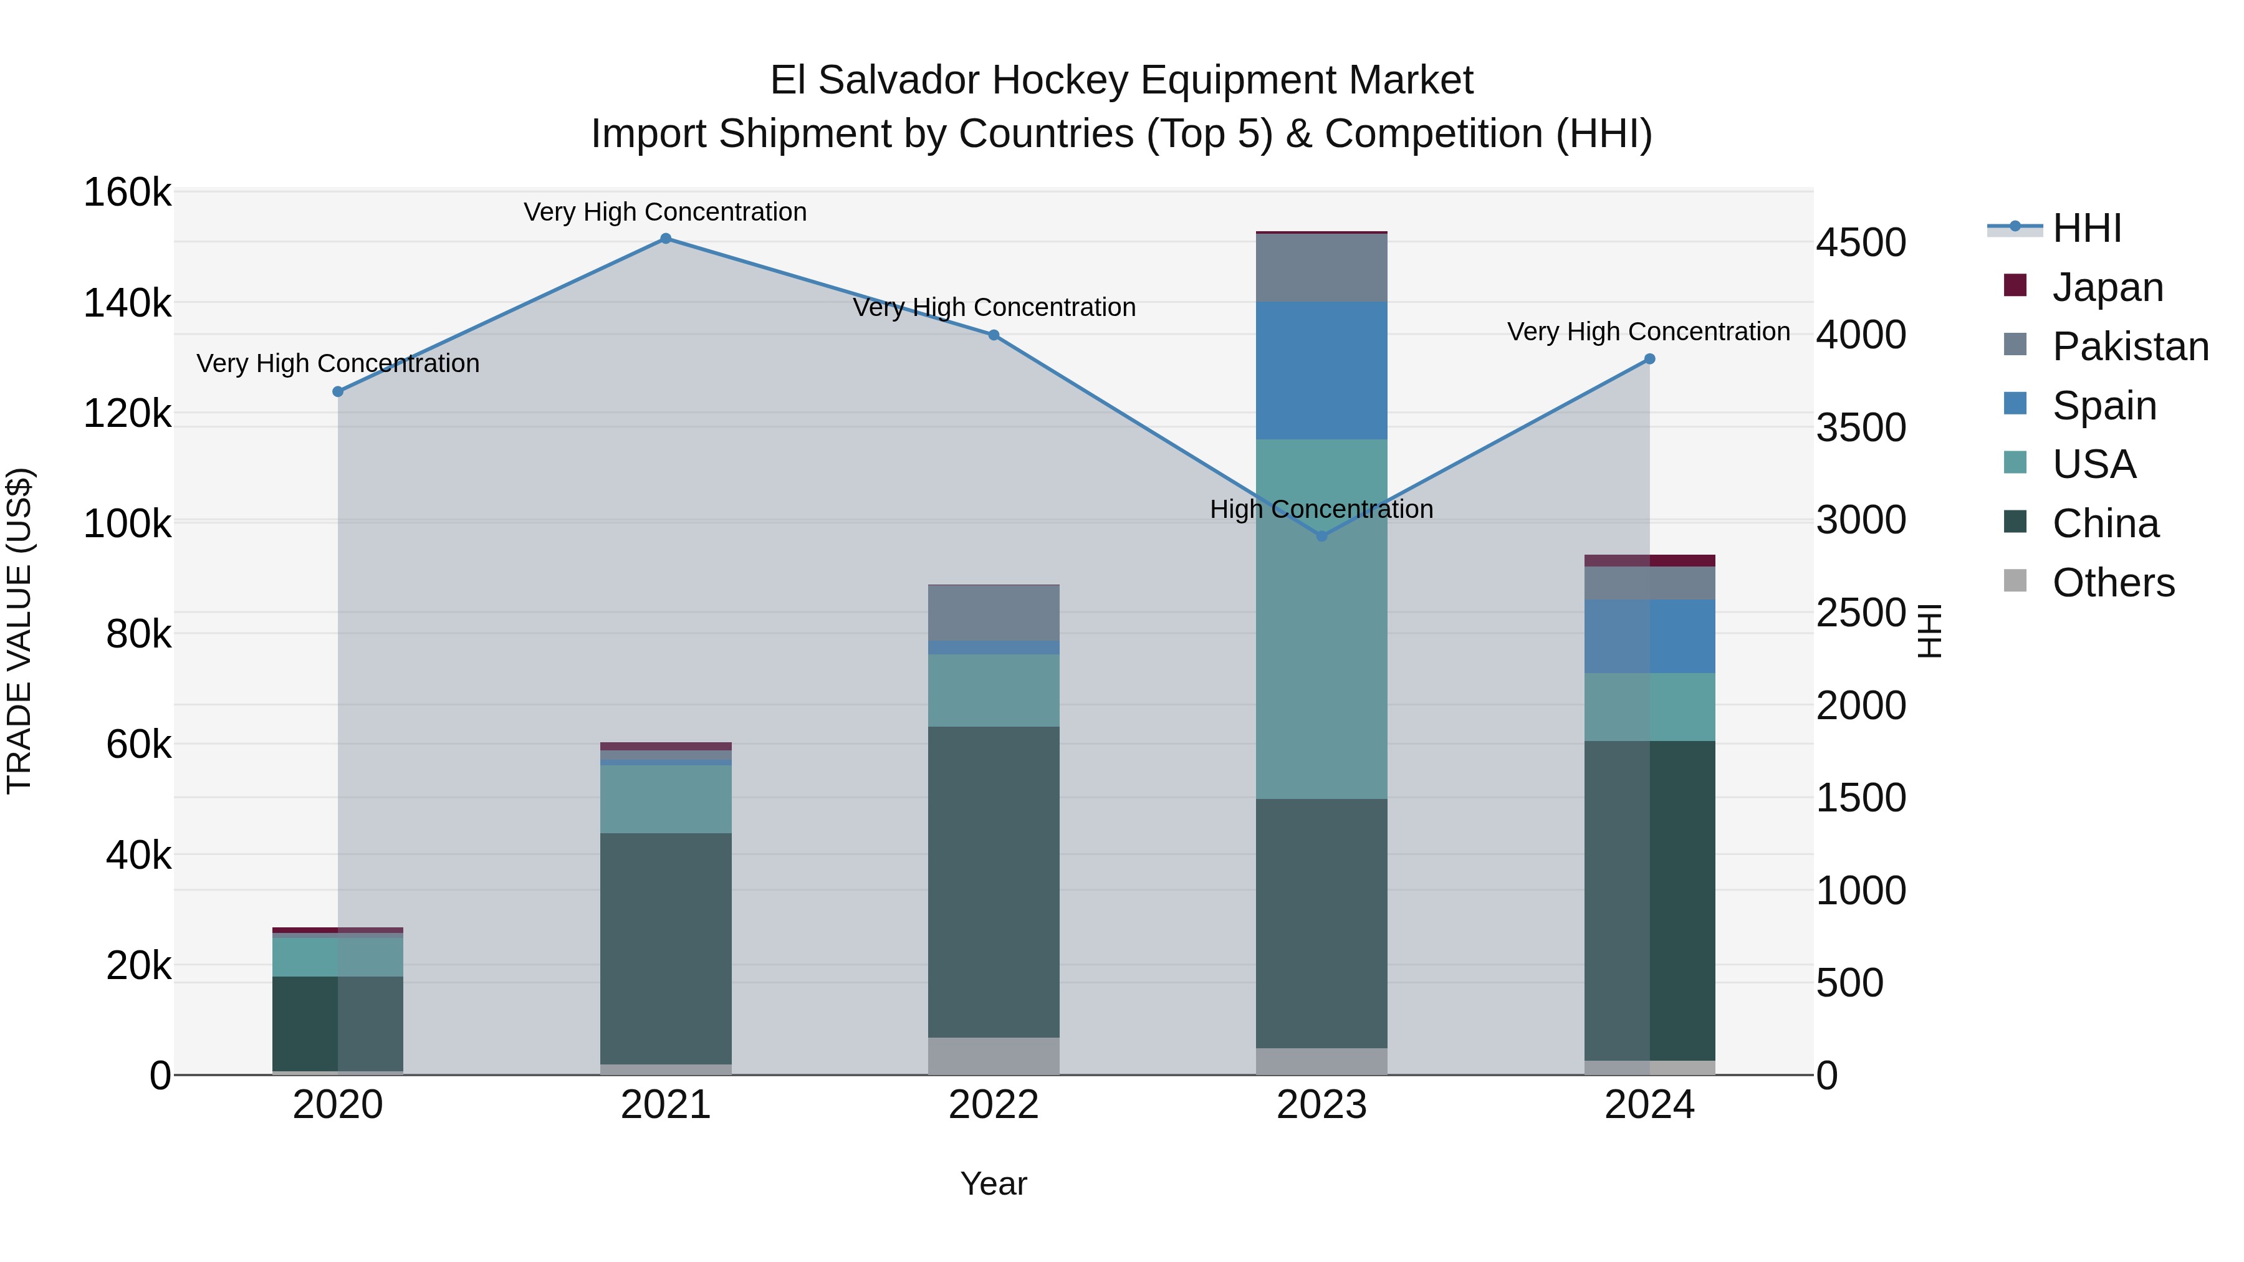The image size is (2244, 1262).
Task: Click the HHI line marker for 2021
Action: tap(666, 239)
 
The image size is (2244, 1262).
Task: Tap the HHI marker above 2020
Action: tap(338, 392)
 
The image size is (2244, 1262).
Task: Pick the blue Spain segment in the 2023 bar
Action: tap(1321, 370)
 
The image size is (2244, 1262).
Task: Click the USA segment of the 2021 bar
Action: tap(666, 799)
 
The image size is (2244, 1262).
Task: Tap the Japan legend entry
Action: tap(2107, 287)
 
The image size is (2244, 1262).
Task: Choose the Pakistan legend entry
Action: tap(2130, 347)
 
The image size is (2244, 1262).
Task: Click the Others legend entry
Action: tap(2112, 583)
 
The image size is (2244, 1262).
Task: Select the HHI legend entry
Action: tap(2086, 228)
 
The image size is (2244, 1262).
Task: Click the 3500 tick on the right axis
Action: tap(1861, 428)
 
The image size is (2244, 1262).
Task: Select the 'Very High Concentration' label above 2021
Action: tap(666, 212)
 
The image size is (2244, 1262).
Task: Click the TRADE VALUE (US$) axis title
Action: tap(19, 631)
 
